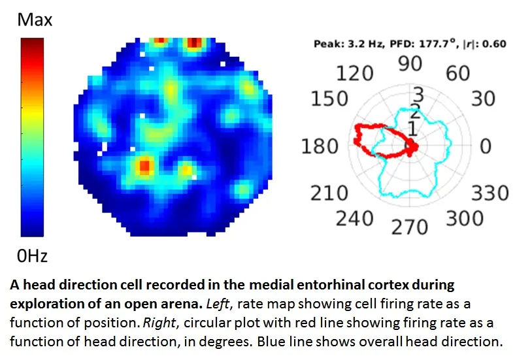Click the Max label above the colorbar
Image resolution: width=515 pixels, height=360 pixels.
click(x=35, y=20)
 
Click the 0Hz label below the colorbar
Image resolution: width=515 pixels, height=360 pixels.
click(x=33, y=255)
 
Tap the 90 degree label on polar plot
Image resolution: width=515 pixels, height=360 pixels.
click(x=410, y=64)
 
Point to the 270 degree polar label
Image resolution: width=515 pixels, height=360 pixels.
click(x=410, y=227)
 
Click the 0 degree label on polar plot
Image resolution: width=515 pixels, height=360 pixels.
click(x=484, y=146)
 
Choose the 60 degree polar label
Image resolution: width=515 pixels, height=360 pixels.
click(x=457, y=73)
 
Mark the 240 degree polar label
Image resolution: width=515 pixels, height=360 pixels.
click(x=355, y=218)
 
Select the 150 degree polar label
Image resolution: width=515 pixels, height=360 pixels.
click(x=330, y=99)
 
